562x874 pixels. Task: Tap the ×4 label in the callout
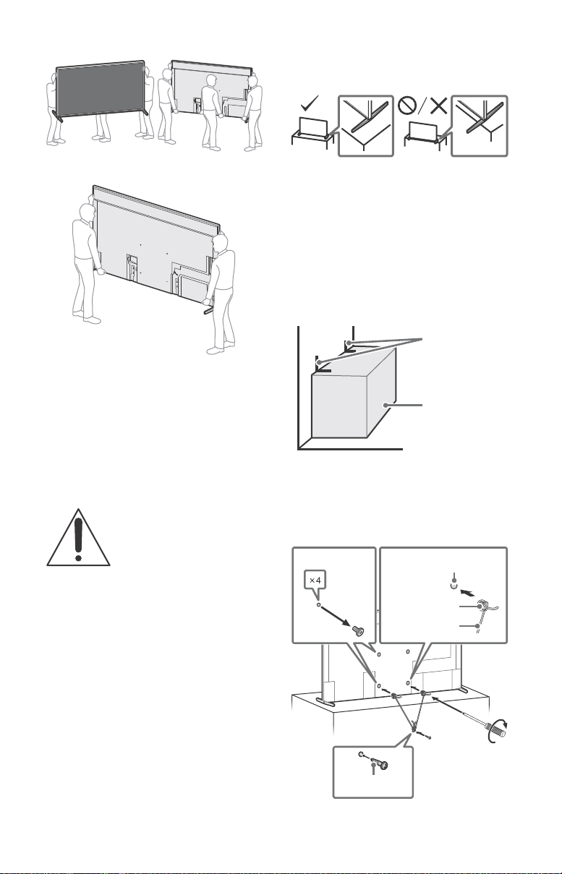point(315,580)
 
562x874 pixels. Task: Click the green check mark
point(310,103)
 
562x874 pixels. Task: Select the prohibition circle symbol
point(407,106)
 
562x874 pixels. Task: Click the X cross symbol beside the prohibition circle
point(438,106)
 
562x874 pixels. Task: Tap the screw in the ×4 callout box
point(358,630)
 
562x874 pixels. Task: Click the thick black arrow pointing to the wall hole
point(469,594)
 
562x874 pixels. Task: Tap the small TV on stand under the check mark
point(312,131)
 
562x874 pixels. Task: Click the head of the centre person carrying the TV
point(211,82)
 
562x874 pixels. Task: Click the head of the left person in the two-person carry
point(87,213)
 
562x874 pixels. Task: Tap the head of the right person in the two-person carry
point(221,244)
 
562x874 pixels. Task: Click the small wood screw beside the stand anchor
point(425,735)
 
